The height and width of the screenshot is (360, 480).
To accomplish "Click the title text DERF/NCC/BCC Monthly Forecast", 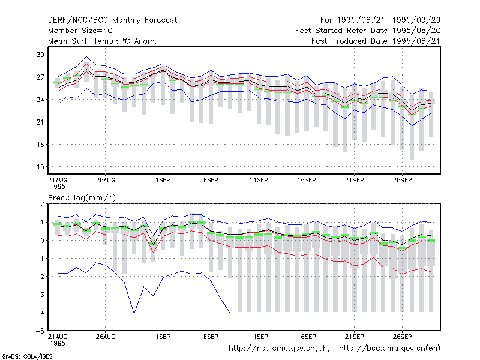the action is coord(112,20).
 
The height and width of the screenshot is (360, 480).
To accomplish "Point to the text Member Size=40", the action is coord(80,31).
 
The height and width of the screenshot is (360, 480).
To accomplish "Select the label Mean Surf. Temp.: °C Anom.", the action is coord(103,41).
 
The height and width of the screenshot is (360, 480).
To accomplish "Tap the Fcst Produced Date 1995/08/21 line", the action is coord(376,41).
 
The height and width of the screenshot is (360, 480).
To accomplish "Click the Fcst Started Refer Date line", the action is coord(368,31).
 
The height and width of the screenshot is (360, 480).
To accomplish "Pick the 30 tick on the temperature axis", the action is coord(40,55).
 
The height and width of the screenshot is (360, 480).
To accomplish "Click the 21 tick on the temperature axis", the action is coord(40,122).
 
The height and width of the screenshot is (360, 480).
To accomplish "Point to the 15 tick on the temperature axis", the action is coord(40,167).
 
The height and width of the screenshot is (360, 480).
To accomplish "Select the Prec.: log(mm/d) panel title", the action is coord(82,198).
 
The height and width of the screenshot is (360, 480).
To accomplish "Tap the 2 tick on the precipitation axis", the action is coord(42,204).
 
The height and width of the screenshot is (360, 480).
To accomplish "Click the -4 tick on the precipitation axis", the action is coord(40,313).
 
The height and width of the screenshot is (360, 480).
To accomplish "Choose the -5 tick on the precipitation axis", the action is coord(40,331).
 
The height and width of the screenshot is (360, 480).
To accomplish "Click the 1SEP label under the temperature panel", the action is coord(163,181).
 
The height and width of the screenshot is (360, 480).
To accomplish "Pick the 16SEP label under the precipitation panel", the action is coord(307,337).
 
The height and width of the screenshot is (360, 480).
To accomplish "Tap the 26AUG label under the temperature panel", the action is coord(106,181).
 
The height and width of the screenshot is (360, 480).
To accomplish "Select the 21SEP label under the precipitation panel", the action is coord(354,337).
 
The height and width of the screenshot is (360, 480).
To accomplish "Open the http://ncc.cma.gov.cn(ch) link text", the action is coord(279,349).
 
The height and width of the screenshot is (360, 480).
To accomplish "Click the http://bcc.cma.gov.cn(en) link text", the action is coord(389,349).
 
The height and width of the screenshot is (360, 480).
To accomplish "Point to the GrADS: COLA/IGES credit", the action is coord(28,356).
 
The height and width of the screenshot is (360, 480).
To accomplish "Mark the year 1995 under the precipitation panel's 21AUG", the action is coord(58,343).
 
